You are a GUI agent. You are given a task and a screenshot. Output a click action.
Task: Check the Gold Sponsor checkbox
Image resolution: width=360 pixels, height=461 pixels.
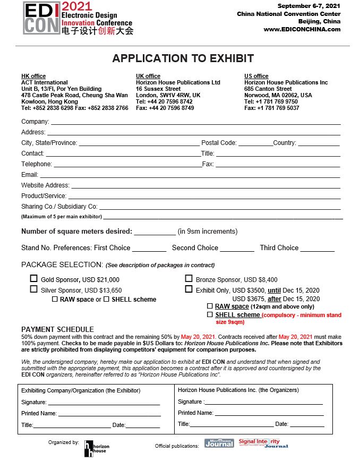(x=34, y=278)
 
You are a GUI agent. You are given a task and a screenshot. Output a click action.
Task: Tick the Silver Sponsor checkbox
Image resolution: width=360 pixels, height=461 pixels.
(x=34, y=289)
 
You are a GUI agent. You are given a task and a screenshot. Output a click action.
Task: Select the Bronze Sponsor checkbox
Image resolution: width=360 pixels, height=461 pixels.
(x=188, y=278)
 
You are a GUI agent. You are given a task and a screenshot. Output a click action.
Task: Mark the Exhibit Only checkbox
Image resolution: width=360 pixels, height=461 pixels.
(x=188, y=289)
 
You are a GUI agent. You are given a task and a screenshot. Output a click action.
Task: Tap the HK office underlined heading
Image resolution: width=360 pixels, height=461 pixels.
(x=33, y=76)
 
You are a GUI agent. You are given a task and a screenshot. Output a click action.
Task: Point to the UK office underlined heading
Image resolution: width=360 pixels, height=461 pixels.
(x=148, y=76)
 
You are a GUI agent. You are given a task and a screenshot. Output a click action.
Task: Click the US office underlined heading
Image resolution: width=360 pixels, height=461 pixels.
(x=256, y=76)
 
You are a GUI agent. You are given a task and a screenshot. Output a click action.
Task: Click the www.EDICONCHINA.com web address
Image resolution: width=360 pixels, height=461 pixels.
(x=302, y=29)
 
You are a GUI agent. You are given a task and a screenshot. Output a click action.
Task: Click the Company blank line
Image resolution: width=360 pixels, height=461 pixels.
(x=195, y=122)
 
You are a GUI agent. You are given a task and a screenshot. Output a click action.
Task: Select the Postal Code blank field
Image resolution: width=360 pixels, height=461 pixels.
(x=255, y=143)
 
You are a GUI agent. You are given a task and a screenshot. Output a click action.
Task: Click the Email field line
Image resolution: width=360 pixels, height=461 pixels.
(x=190, y=175)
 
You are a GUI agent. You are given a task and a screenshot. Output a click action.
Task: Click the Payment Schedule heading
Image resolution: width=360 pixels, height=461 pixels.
(x=57, y=329)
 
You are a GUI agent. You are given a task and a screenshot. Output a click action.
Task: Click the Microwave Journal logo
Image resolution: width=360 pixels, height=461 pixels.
(x=219, y=443)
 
